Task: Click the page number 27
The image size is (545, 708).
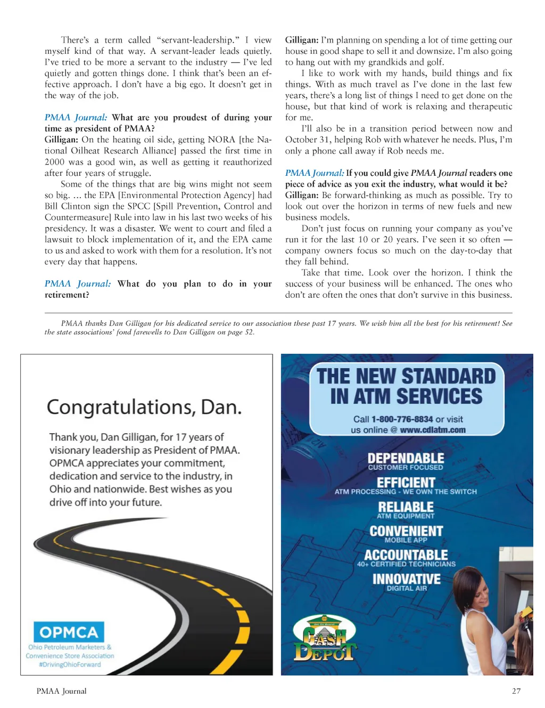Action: [516, 691]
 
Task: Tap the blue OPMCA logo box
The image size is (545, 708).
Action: [69, 632]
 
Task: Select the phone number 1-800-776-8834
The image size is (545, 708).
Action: [402, 419]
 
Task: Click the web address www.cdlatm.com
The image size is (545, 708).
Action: [432, 430]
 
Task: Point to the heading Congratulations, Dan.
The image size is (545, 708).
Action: [144, 408]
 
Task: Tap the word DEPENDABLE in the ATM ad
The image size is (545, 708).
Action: [406, 458]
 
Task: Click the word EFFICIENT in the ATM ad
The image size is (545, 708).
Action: [406, 482]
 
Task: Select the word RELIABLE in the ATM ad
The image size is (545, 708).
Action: [406, 507]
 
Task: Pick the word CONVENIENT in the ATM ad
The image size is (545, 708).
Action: [406, 531]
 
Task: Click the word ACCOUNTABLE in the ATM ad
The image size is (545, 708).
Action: [406, 555]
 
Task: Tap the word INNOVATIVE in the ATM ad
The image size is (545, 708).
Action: [406, 579]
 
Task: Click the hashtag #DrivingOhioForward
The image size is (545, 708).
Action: [70, 665]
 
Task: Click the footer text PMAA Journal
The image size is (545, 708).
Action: [61, 691]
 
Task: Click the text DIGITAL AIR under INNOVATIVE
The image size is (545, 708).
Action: [407, 589]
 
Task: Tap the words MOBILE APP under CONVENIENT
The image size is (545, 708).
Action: [406, 540]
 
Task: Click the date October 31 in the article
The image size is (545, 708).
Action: [306, 140]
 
